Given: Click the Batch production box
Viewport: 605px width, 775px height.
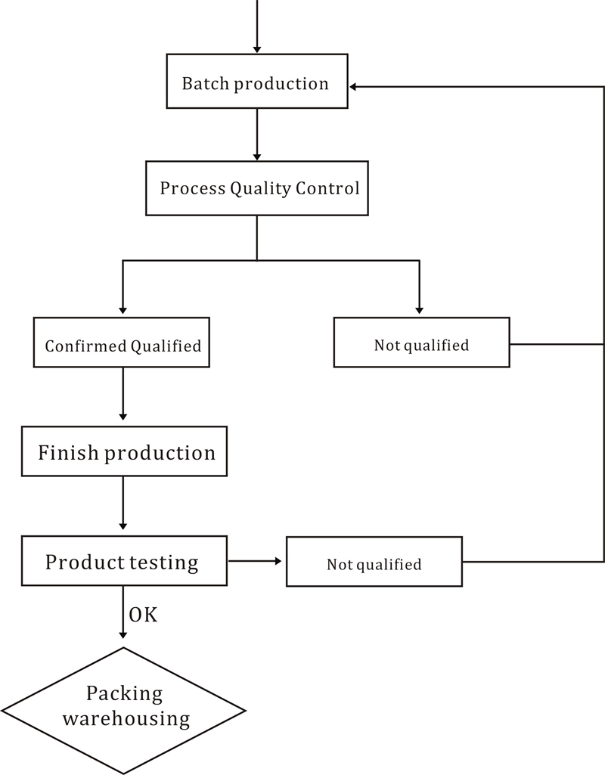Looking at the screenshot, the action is click(x=257, y=81).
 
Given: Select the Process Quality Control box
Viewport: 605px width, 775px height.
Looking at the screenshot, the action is click(x=257, y=188).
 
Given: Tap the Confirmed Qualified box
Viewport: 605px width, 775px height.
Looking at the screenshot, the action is click(x=122, y=343).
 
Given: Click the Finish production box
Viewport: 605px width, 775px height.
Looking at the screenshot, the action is click(x=124, y=451).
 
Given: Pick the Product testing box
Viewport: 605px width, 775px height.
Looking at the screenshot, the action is click(x=124, y=560).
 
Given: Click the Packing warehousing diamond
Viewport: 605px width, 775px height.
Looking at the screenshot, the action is click(x=123, y=711).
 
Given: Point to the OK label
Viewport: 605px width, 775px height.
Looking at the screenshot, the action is click(x=144, y=615).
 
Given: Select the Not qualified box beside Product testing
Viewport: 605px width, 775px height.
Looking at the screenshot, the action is click(x=374, y=562).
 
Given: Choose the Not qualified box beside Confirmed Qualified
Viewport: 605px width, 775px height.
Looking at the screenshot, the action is click(x=422, y=342).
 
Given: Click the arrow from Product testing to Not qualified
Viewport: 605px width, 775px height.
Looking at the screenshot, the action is click(x=255, y=561).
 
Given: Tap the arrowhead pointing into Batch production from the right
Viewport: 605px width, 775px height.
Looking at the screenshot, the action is click(x=353, y=87).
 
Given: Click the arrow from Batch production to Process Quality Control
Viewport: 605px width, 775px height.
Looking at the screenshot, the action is click(x=257, y=135).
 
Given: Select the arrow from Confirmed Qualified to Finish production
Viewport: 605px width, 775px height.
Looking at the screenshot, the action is click(x=123, y=394).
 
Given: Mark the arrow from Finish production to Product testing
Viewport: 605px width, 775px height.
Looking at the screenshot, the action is click(x=123, y=503).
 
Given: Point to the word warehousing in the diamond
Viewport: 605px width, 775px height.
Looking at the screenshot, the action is click(x=126, y=718).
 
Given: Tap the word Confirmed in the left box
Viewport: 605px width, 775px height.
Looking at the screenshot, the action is click(x=85, y=346).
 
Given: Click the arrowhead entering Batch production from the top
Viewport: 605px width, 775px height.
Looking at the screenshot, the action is click(x=257, y=49).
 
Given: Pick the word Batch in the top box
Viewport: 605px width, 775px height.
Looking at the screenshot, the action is click(x=206, y=83).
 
